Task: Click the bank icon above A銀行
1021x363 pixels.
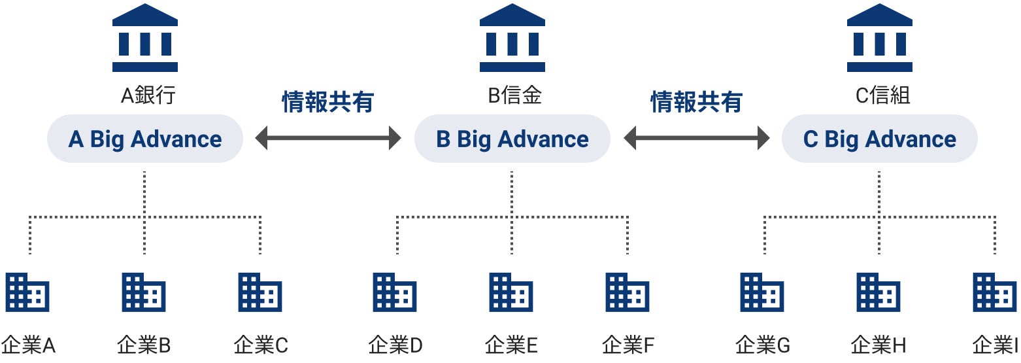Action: pyautogui.click(x=144, y=37)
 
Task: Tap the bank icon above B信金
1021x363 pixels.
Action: pyautogui.click(x=512, y=37)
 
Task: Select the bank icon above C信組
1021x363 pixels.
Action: pyautogui.click(x=879, y=37)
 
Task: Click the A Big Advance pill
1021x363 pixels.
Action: pyautogui.click(x=145, y=139)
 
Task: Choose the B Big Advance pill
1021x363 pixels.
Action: pyautogui.click(x=512, y=139)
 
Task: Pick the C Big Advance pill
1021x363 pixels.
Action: pyautogui.click(x=880, y=139)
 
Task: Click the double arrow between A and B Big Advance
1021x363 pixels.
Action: pyautogui.click(x=328, y=138)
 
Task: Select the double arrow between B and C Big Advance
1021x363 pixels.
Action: pyautogui.click(x=696, y=138)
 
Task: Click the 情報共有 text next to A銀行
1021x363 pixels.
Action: pyautogui.click(x=327, y=103)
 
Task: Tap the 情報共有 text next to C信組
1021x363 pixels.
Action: pyautogui.click(x=696, y=103)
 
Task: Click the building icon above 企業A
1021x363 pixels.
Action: pyautogui.click(x=27, y=292)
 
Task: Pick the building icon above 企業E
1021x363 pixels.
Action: pyautogui.click(x=511, y=292)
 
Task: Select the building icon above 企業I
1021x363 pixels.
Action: pyautogui.click(x=995, y=292)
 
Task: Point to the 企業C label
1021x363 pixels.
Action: pyautogui.click(x=261, y=345)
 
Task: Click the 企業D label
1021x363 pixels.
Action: pyautogui.click(x=395, y=345)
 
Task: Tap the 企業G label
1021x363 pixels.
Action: pyautogui.click(x=763, y=345)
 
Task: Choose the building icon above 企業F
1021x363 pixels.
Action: pyautogui.click(x=628, y=292)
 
